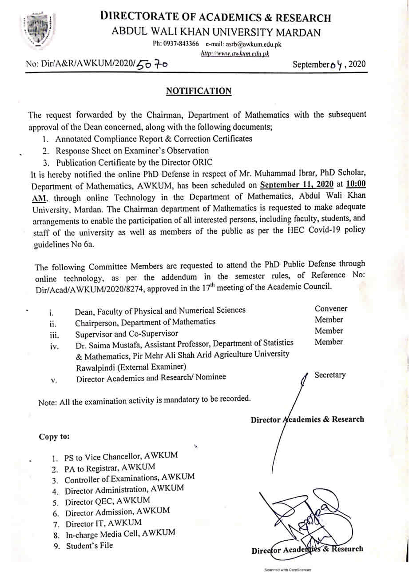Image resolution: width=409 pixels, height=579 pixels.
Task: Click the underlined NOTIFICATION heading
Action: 199,91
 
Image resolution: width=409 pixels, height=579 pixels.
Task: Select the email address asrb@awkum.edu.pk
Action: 243,44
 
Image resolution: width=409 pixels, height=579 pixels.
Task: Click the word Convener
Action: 331,308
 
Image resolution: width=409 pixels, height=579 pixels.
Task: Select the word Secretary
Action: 330,375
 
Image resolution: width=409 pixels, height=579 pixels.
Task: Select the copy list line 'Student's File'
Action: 89,546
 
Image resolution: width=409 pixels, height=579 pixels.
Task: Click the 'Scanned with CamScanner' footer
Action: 288,570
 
